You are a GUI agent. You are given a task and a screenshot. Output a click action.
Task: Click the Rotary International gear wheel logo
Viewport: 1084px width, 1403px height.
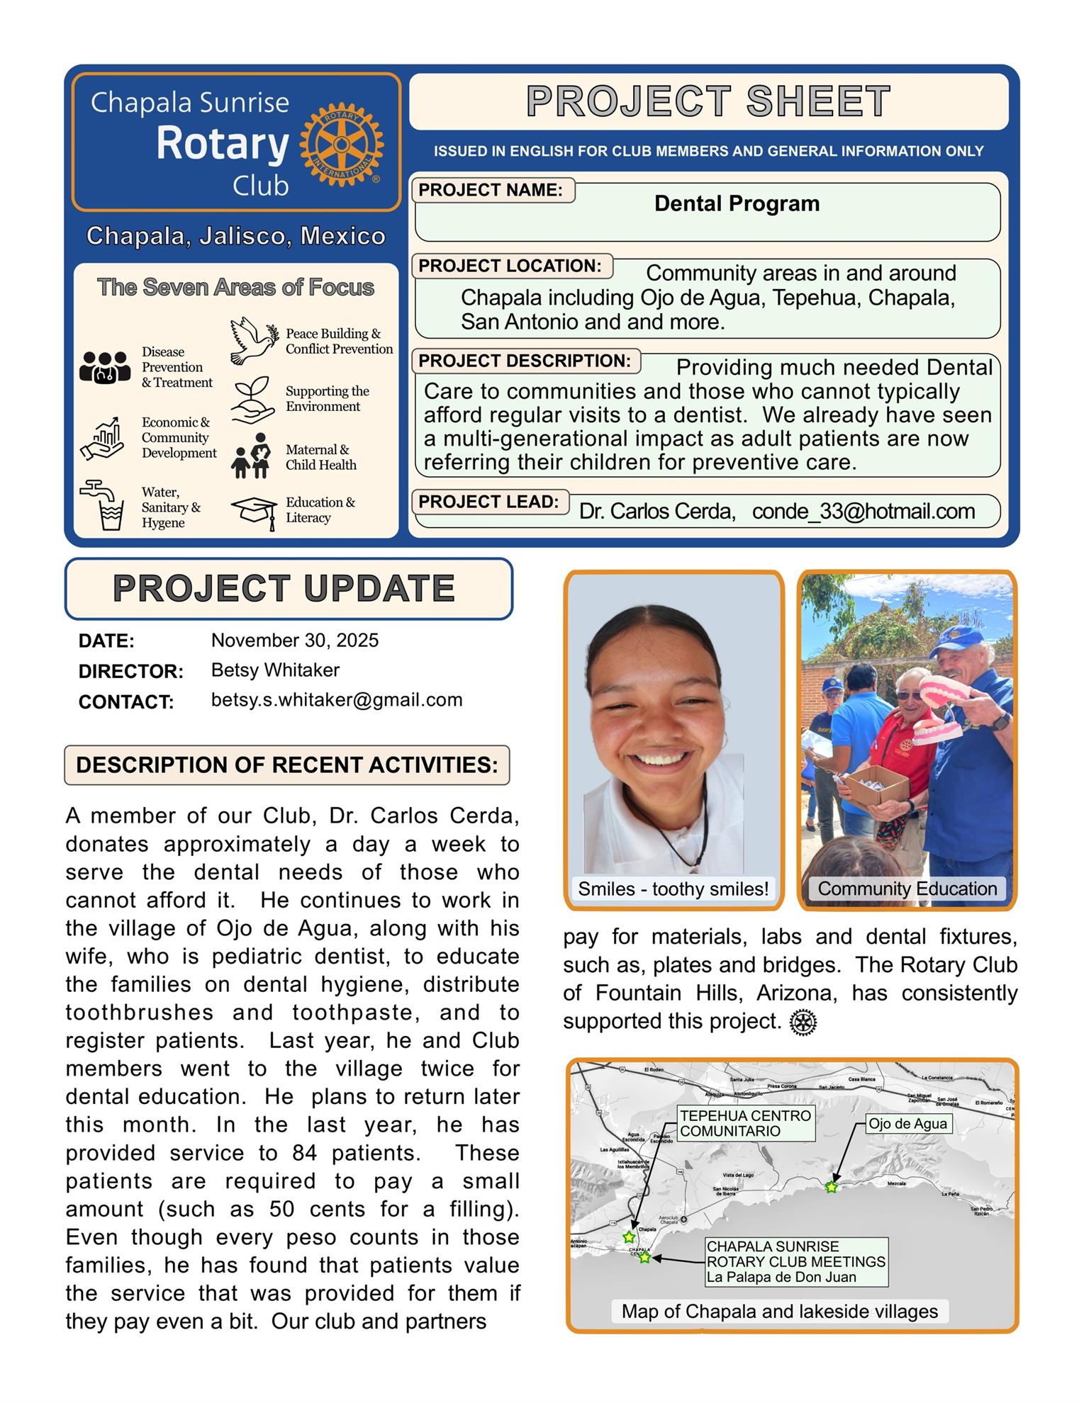[x=341, y=144]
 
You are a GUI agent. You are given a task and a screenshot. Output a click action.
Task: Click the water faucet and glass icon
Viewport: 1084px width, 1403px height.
[x=104, y=505]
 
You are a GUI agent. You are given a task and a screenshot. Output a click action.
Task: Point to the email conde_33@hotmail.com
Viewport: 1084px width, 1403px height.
[x=863, y=511]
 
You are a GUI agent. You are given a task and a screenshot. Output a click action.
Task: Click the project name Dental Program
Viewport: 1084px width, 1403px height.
[x=736, y=204]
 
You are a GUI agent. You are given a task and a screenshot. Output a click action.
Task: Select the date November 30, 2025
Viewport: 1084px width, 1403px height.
[x=295, y=641]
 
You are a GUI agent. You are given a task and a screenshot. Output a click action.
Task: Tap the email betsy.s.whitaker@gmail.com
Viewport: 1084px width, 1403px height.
[x=337, y=700]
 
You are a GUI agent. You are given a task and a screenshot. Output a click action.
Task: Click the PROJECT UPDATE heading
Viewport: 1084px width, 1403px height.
[x=284, y=588]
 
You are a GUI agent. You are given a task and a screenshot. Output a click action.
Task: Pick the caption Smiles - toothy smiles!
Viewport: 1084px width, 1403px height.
[x=673, y=889]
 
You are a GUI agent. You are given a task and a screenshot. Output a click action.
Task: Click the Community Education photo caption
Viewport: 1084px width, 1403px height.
[x=907, y=889]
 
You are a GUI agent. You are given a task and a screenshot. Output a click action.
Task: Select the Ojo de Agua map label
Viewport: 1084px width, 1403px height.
[x=907, y=1124]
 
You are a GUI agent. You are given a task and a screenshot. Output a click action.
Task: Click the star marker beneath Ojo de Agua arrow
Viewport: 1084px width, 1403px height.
[x=831, y=1187]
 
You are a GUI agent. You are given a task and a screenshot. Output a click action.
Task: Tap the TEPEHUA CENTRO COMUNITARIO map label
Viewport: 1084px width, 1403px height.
[x=745, y=1123]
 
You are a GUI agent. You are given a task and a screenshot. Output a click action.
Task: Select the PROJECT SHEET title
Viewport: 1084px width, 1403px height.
[x=708, y=101]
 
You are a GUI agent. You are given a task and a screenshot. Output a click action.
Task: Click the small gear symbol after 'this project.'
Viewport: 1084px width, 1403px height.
[x=803, y=1022]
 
